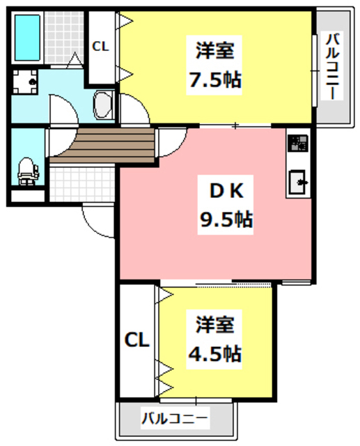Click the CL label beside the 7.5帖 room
click(100, 47)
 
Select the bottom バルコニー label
click(174, 420)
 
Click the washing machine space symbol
click(28, 83)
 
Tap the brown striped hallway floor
click(101, 145)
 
